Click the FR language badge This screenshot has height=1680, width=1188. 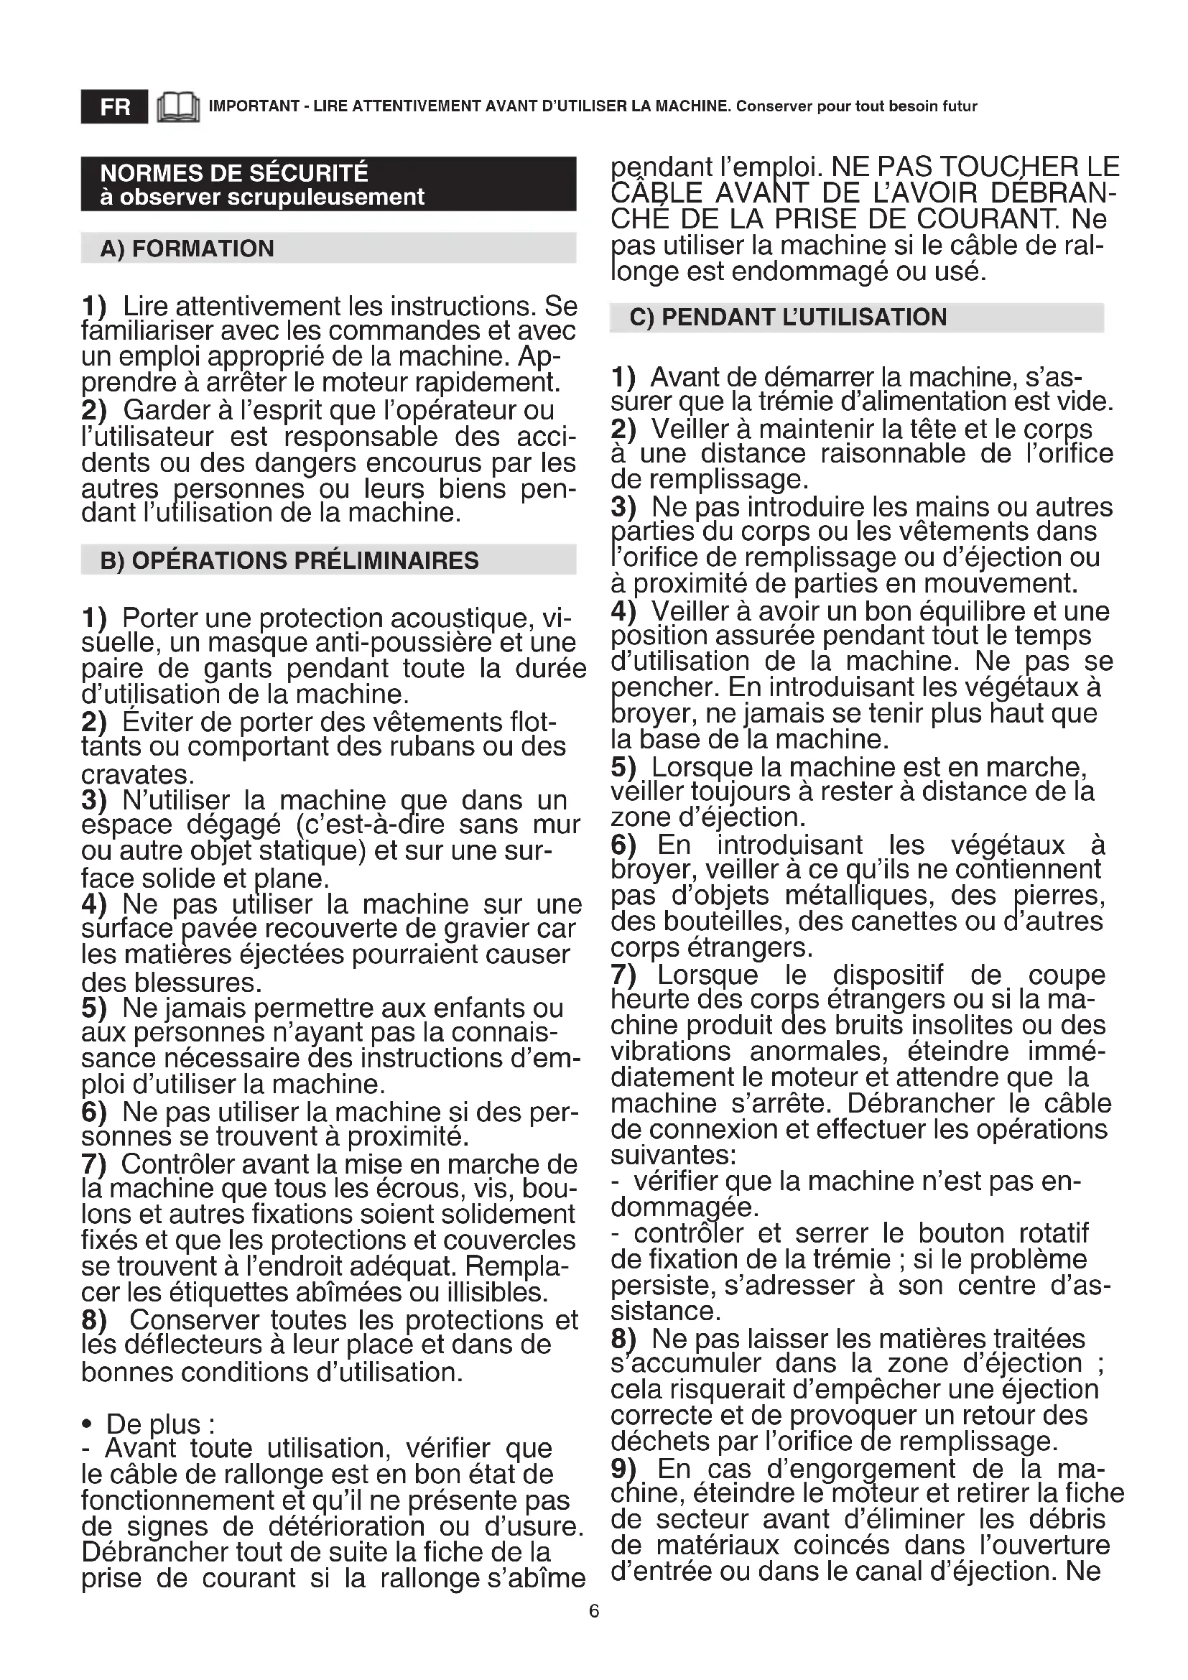114,107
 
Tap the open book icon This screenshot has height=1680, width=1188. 177,107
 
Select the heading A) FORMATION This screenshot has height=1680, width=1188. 187,249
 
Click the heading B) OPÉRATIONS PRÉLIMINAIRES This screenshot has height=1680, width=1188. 289,560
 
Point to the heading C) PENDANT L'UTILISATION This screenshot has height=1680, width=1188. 788,317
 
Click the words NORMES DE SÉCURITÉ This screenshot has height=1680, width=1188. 234,173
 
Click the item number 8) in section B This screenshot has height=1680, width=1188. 94,1321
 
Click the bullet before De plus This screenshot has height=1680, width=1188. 88,1424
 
